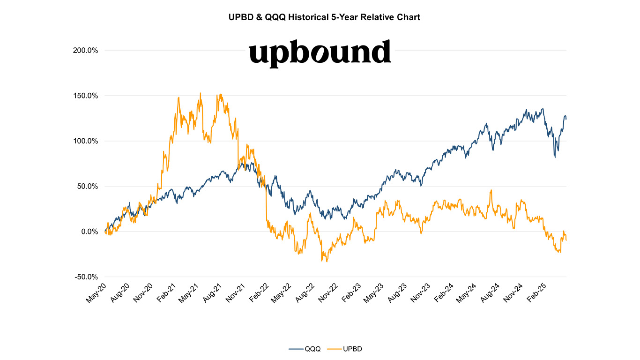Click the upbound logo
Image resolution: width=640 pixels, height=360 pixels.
point(320,52)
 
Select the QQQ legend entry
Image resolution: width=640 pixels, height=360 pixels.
point(305,349)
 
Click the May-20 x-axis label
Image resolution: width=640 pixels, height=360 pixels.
point(97,292)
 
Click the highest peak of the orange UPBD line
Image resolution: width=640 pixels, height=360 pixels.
point(201,93)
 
